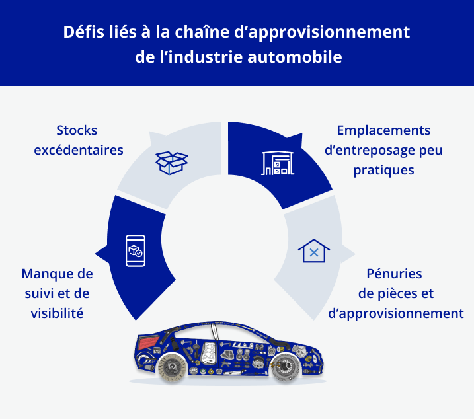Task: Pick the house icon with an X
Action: point(314,251)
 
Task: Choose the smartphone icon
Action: point(135,250)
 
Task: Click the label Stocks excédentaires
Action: point(78,140)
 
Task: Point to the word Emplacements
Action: point(383,130)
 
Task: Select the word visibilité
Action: point(57,313)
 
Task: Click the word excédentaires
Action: point(78,150)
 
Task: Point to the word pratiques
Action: point(383,170)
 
